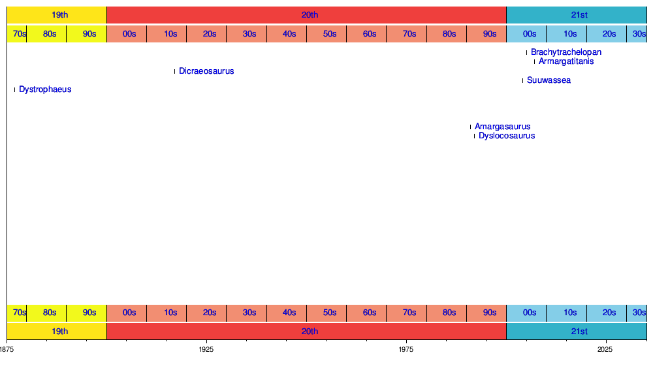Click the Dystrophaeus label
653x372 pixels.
[45, 89]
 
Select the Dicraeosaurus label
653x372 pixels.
[206, 71]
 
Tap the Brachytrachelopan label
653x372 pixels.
[566, 52]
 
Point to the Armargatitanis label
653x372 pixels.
[566, 62]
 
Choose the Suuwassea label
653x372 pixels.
[549, 80]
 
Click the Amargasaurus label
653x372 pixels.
[502, 127]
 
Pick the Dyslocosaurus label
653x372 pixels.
[507, 136]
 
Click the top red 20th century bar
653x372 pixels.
[306, 15]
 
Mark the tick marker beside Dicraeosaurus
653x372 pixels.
[174, 71]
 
